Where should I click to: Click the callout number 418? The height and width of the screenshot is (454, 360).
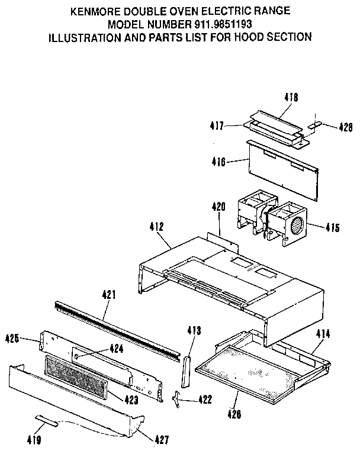point(291,97)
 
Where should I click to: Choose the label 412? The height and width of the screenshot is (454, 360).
point(157,227)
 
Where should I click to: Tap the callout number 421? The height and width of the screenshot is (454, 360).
point(110,294)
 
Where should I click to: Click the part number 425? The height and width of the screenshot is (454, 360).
point(13,339)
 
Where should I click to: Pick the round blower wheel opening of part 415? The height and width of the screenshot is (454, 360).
point(297,226)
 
